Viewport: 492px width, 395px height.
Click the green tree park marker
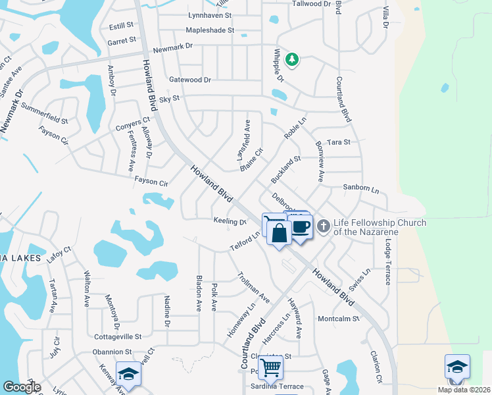(x=292, y=60)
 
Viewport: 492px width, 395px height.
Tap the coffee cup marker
(x=301, y=227)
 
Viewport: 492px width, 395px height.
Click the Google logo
(x=22, y=387)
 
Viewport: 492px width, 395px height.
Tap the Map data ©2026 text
(x=462, y=390)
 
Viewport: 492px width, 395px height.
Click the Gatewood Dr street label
(x=190, y=80)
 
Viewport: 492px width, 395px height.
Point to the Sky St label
(x=170, y=98)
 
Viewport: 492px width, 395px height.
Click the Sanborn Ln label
(x=361, y=188)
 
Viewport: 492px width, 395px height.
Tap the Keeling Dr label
(x=230, y=221)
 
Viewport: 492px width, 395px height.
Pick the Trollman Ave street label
(x=253, y=287)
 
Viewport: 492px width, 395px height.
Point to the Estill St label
(x=121, y=26)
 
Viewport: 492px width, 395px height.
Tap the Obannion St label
(x=112, y=352)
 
